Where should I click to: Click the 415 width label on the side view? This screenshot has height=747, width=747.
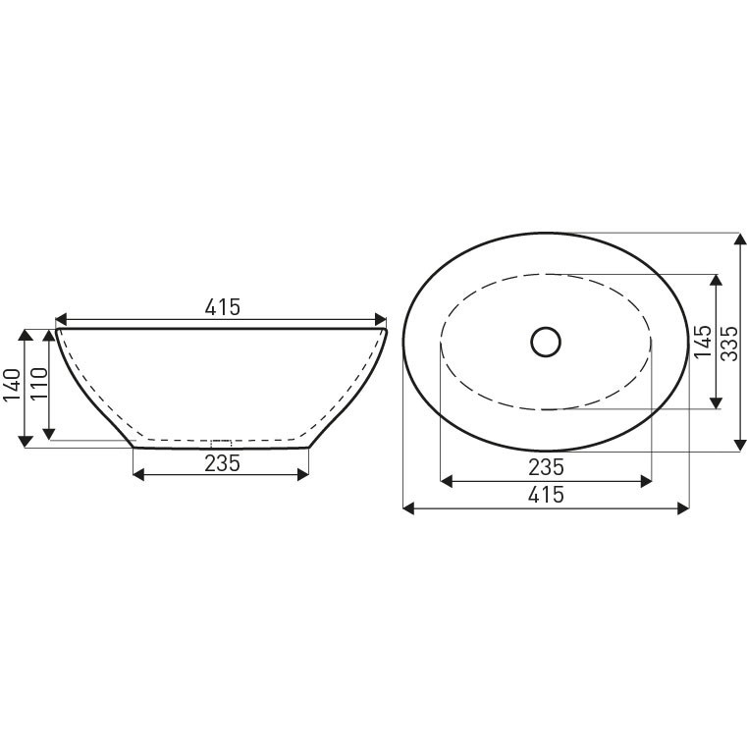click(222, 307)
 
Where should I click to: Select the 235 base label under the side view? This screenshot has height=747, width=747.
click(222, 463)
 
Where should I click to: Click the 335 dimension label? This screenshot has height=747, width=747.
click(728, 343)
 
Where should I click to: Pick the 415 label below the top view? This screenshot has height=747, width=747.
click(546, 495)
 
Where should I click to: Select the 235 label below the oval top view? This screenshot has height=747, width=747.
click(546, 466)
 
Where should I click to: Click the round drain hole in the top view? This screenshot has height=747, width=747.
click(546, 342)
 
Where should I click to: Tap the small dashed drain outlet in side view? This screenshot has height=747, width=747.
click(222, 443)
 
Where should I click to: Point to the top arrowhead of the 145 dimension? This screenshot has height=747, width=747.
click(717, 280)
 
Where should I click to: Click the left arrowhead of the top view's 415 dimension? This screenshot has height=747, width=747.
click(409, 507)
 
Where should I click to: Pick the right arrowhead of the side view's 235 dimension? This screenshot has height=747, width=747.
click(303, 475)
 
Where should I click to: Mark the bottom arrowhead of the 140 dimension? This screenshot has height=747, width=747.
click(25, 443)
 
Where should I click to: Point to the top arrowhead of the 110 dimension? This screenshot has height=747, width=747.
click(48, 336)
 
